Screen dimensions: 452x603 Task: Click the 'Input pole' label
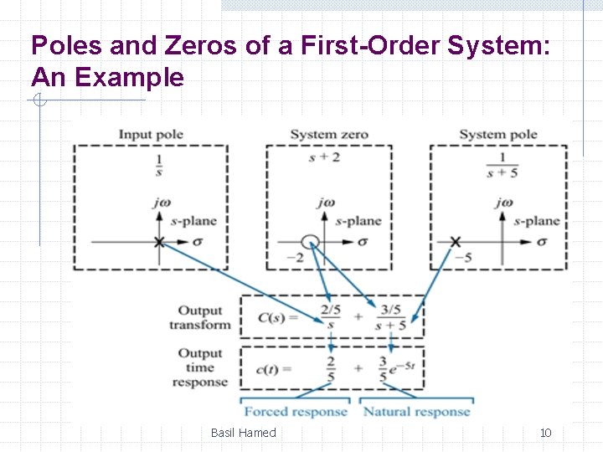tap(151, 135)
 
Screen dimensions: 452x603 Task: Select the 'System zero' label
tap(329, 135)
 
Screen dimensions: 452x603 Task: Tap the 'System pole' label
tap(497, 135)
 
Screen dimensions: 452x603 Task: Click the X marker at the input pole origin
tap(158, 242)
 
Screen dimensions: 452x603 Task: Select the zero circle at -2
tap(310, 242)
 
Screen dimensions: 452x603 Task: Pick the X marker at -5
tap(455, 242)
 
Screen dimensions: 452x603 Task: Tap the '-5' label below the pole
tap(461, 257)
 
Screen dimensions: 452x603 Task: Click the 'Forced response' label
tap(295, 411)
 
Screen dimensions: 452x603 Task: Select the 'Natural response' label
tap(416, 411)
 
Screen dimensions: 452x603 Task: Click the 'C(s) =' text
tap(277, 318)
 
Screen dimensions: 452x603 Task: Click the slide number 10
tap(545, 433)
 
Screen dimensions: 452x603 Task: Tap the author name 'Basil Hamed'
tap(243, 433)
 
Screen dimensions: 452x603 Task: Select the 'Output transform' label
tap(199, 318)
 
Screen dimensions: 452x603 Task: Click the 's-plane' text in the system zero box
tap(358, 221)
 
